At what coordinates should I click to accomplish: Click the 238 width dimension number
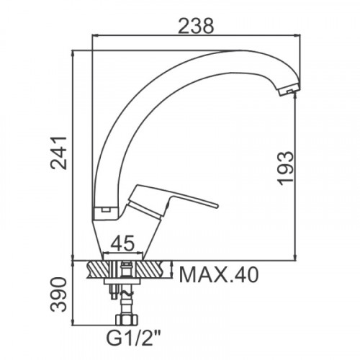(196, 25)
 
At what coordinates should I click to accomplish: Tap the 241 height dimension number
(58, 153)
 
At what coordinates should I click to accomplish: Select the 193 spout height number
(286, 168)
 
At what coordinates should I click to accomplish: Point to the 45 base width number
(122, 243)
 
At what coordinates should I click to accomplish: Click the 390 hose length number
(58, 294)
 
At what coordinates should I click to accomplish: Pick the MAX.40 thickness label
(219, 275)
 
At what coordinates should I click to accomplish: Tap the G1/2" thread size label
(133, 338)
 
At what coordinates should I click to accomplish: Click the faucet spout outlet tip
(289, 91)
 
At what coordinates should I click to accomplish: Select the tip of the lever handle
(217, 206)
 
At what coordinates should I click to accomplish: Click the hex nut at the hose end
(127, 320)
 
